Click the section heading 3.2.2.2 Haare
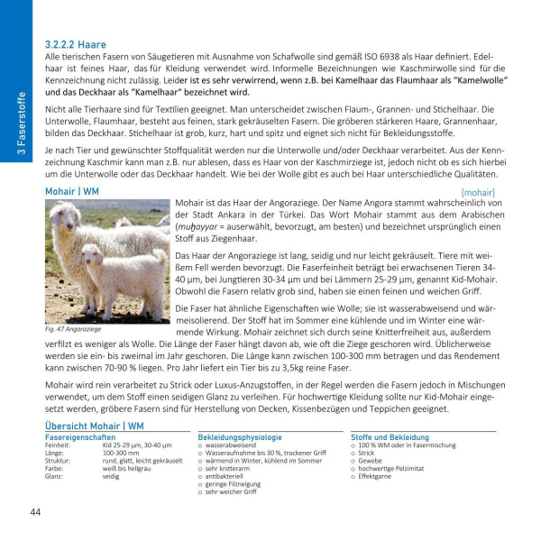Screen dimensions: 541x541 [76, 43]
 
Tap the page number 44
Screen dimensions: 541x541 [36, 512]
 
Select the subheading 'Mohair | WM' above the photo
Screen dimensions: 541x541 [72, 192]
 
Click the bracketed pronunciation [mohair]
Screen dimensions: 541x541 [477, 192]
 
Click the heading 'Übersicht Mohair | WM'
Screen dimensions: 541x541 [95, 425]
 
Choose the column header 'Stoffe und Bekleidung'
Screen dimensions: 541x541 [390, 436]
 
